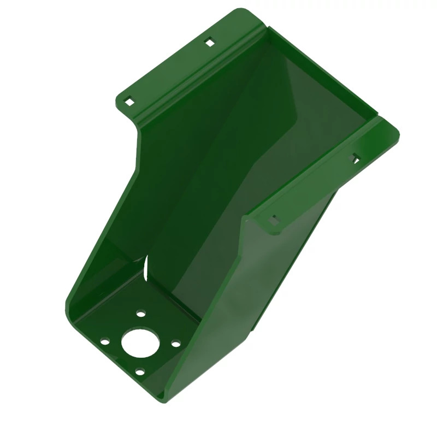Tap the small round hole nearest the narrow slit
click(x=141, y=314)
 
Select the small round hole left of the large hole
click(x=104, y=342)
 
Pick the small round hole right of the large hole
click(x=175, y=343)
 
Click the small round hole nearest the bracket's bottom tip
click(x=140, y=372)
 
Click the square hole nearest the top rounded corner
click(x=209, y=42)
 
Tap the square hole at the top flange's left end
click(x=129, y=101)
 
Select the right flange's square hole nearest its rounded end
click(x=355, y=158)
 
